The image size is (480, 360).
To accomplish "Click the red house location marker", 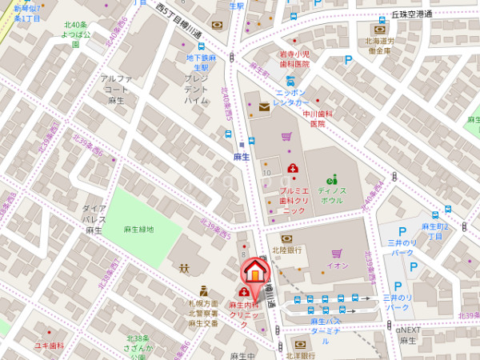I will [x=254, y=271].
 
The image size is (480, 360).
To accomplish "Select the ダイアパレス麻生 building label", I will [x=94, y=218].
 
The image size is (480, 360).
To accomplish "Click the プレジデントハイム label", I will [x=196, y=90].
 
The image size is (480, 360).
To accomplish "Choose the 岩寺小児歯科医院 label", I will [x=294, y=58].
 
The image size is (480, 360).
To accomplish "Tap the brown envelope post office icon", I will [x=264, y=107].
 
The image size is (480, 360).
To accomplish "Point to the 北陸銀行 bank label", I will [x=286, y=250].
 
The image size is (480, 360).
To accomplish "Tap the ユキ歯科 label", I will [x=49, y=346].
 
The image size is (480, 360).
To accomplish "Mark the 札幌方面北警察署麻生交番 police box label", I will [x=203, y=314].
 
